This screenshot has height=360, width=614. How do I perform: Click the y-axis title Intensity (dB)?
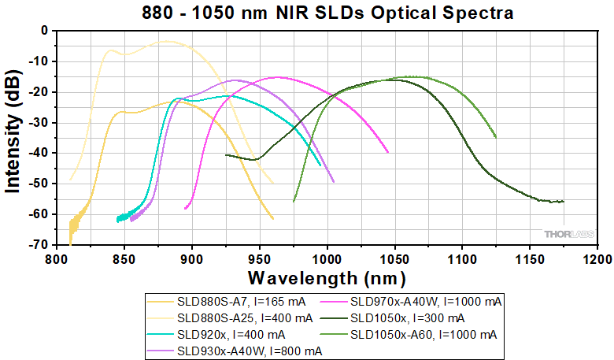[13, 138]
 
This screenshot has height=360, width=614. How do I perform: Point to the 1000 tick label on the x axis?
[327, 258]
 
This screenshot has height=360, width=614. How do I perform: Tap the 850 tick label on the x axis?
[124, 258]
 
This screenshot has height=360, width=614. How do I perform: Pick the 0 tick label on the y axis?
[45, 30]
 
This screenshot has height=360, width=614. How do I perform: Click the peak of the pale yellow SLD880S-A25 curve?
[166, 41]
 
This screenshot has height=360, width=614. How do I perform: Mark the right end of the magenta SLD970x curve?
[388, 152]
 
